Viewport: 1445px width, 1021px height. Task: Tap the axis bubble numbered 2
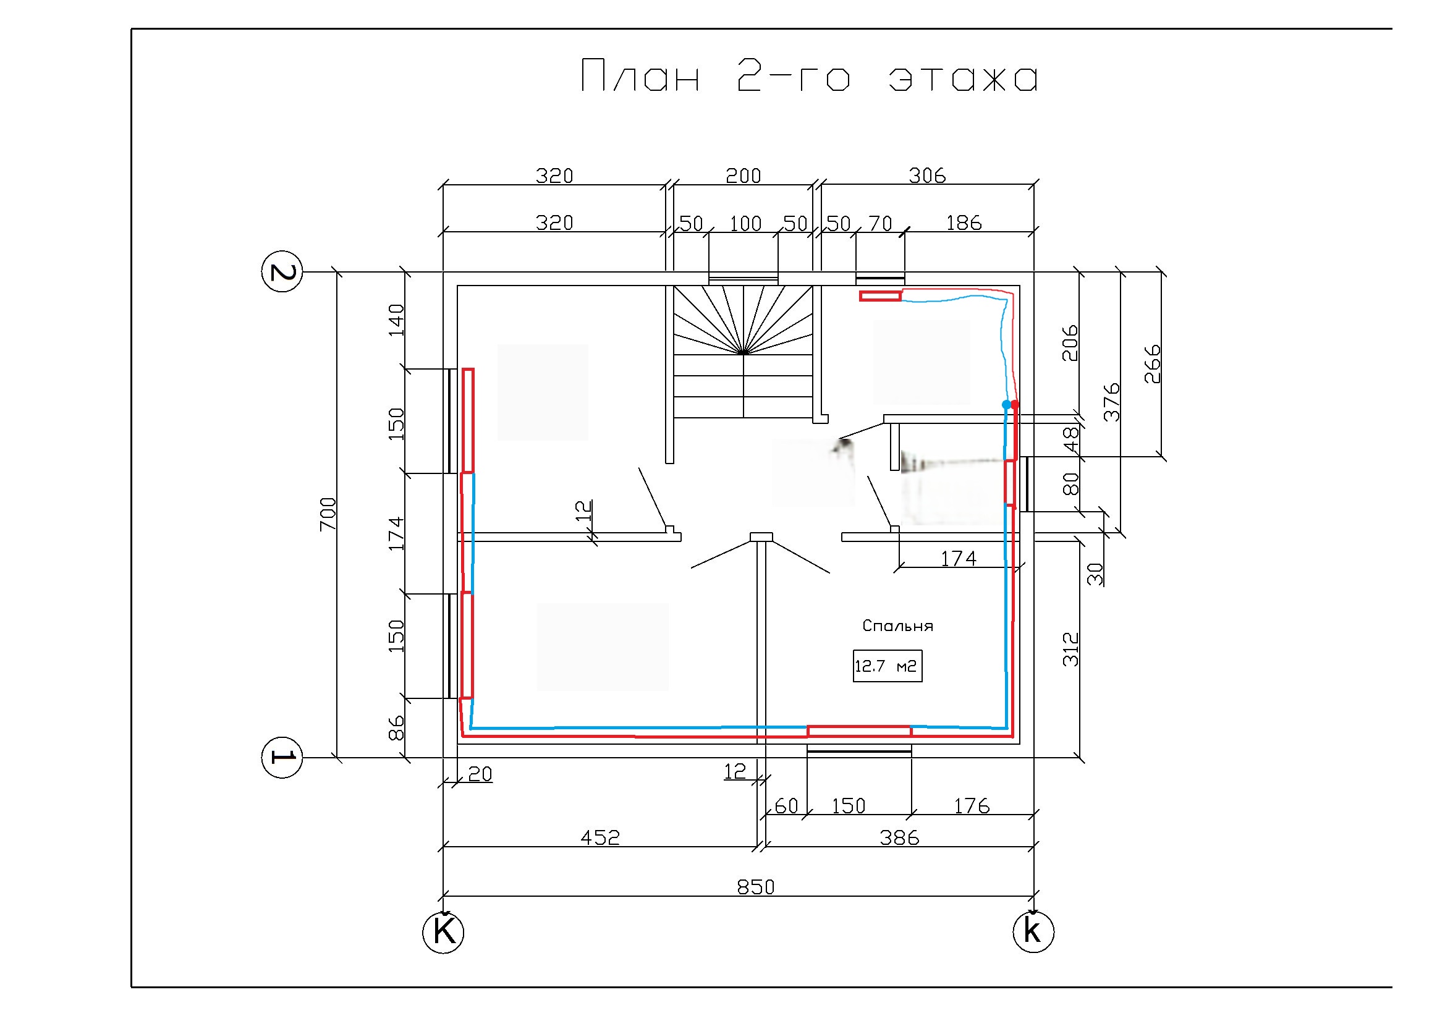(281, 272)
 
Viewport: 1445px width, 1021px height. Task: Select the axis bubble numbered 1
(281, 757)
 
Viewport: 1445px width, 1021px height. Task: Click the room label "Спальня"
(897, 625)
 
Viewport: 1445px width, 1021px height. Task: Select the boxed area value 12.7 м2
(888, 666)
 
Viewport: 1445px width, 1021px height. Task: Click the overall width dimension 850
(755, 887)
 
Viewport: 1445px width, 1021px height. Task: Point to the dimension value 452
(600, 837)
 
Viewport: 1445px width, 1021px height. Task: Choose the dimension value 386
(899, 837)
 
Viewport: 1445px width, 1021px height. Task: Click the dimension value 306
(927, 176)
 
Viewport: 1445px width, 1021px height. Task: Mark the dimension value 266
(1151, 364)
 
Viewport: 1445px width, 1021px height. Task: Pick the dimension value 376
(1112, 402)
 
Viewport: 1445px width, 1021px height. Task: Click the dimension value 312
(1070, 649)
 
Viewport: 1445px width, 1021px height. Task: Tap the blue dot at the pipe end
(1006, 404)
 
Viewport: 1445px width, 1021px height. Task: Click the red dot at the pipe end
(1014, 404)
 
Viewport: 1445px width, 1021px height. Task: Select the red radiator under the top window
(881, 296)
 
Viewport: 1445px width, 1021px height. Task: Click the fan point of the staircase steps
(744, 353)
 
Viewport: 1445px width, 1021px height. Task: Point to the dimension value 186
(964, 223)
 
